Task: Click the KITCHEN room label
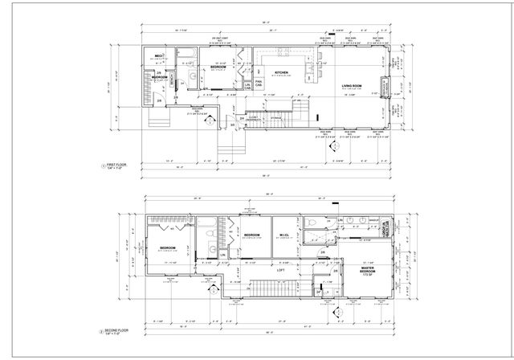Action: point(281,72)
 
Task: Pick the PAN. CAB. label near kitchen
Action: point(259,82)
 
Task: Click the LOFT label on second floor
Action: point(281,270)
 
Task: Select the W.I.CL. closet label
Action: point(284,235)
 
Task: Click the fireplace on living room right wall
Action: point(384,85)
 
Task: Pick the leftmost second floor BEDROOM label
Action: point(168,247)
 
